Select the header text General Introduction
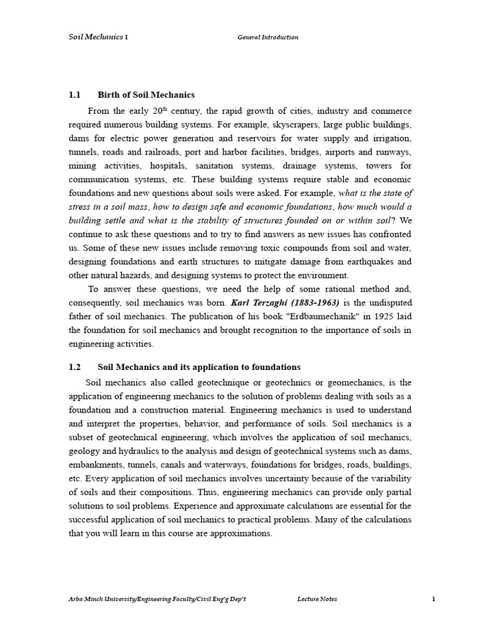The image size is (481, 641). tap(267, 37)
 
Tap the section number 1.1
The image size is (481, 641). tap(75, 95)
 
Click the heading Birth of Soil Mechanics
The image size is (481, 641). tap(146, 95)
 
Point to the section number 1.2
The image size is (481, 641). tap(75, 367)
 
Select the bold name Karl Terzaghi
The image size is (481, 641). tap(258, 302)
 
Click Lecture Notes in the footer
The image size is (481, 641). tap(317, 599)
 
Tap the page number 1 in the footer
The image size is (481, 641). tap(433, 599)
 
